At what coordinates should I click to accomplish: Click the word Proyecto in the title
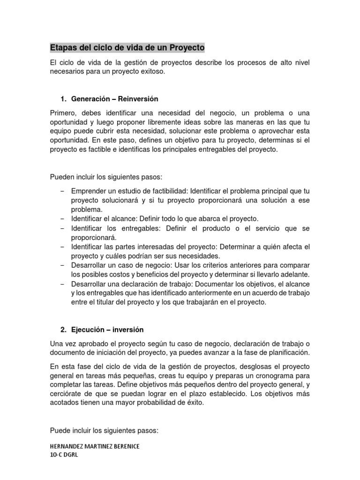coord(188,48)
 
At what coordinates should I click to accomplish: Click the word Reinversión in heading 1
coord(138,99)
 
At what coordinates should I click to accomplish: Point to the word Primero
coord(64,113)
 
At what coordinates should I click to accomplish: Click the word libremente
coord(165,122)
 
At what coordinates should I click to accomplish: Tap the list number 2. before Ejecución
coord(64,330)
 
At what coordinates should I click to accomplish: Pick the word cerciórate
coord(67,394)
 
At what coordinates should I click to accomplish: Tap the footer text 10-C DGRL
coord(64,455)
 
